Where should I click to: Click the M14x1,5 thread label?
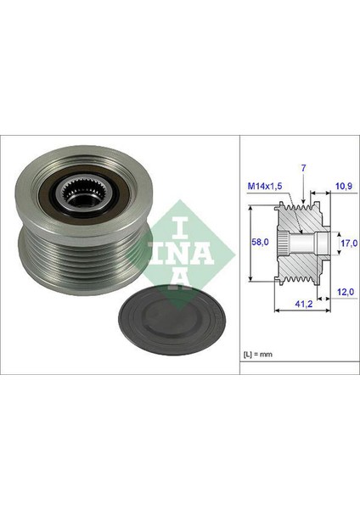265,186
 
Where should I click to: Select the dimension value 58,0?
261,242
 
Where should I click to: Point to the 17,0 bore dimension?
349,243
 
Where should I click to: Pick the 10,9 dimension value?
344,186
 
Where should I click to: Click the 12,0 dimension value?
345,292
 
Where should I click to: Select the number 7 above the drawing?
303,168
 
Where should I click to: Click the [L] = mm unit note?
258,354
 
